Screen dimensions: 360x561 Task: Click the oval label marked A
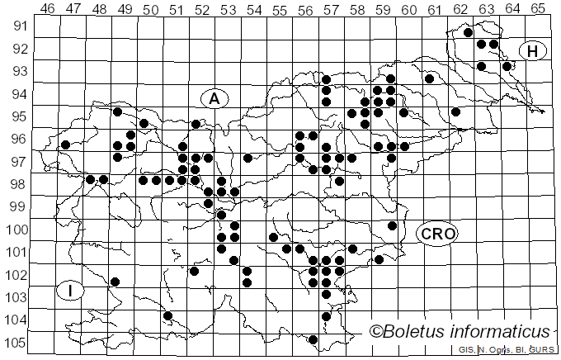(214, 98)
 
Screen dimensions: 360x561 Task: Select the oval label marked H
(533, 51)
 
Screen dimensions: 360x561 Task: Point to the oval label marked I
(71, 290)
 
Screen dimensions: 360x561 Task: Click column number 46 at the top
(48, 9)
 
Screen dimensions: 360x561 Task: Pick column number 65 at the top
(538, 9)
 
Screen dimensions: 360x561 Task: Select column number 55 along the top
(280, 9)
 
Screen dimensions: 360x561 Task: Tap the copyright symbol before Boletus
(376, 332)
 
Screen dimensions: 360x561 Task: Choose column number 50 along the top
(151, 9)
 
